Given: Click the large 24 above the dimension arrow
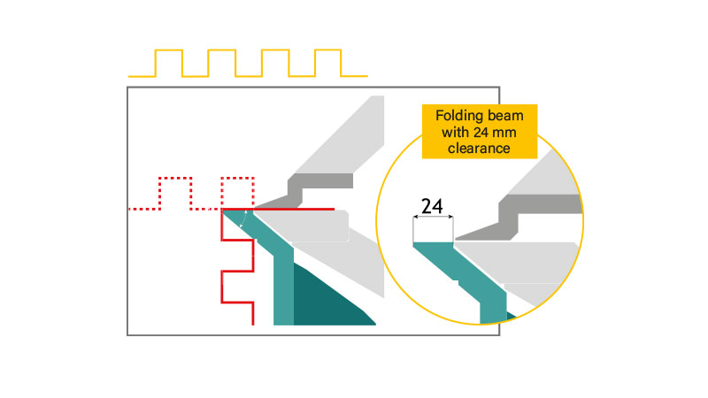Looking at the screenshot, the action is (x=432, y=206).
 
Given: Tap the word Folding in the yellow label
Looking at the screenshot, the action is (x=456, y=116).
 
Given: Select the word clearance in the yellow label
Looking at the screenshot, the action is (x=479, y=148).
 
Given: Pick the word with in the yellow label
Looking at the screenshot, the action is (x=456, y=132).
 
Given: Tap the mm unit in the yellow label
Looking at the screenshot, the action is (x=504, y=134).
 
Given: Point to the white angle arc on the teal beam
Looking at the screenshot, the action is (x=244, y=218).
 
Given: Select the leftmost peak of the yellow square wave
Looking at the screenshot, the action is (x=169, y=50).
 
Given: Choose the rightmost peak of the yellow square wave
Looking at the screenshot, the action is (x=327, y=50).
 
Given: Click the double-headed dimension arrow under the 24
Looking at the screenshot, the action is (x=433, y=217).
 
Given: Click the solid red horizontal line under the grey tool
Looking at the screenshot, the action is (x=294, y=210).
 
